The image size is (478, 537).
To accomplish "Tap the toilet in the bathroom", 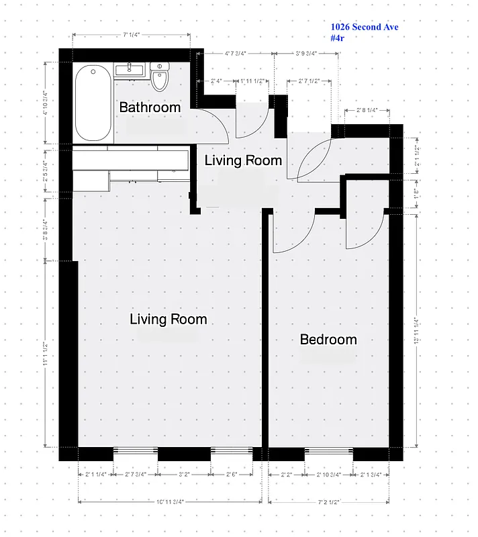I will pyautogui.click(x=159, y=78).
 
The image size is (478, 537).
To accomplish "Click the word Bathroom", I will pyautogui.click(x=150, y=107).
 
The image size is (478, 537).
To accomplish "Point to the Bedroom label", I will pyautogui.click(x=328, y=340).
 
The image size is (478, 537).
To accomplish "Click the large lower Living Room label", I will pyautogui.click(x=168, y=320).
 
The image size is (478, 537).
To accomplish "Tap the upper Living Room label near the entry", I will pyautogui.click(x=243, y=160).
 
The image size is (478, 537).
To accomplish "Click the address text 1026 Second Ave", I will pyautogui.click(x=365, y=27).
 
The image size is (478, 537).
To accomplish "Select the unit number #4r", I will pyautogui.click(x=337, y=38).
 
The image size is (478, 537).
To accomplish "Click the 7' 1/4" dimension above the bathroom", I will pyautogui.click(x=131, y=35).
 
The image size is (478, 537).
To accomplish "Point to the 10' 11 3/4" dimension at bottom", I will pyautogui.click(x=170, y=501).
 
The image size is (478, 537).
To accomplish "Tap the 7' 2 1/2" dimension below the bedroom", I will pyautogui.click(x=329, y=501).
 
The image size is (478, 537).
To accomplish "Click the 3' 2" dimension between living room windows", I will pyautogui.click(x=184, y=474).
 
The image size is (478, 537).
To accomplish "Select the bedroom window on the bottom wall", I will pyautogui.click(x=328, y=453).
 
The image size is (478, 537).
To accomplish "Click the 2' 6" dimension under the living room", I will pyautogui.click(x=232, y=474).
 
